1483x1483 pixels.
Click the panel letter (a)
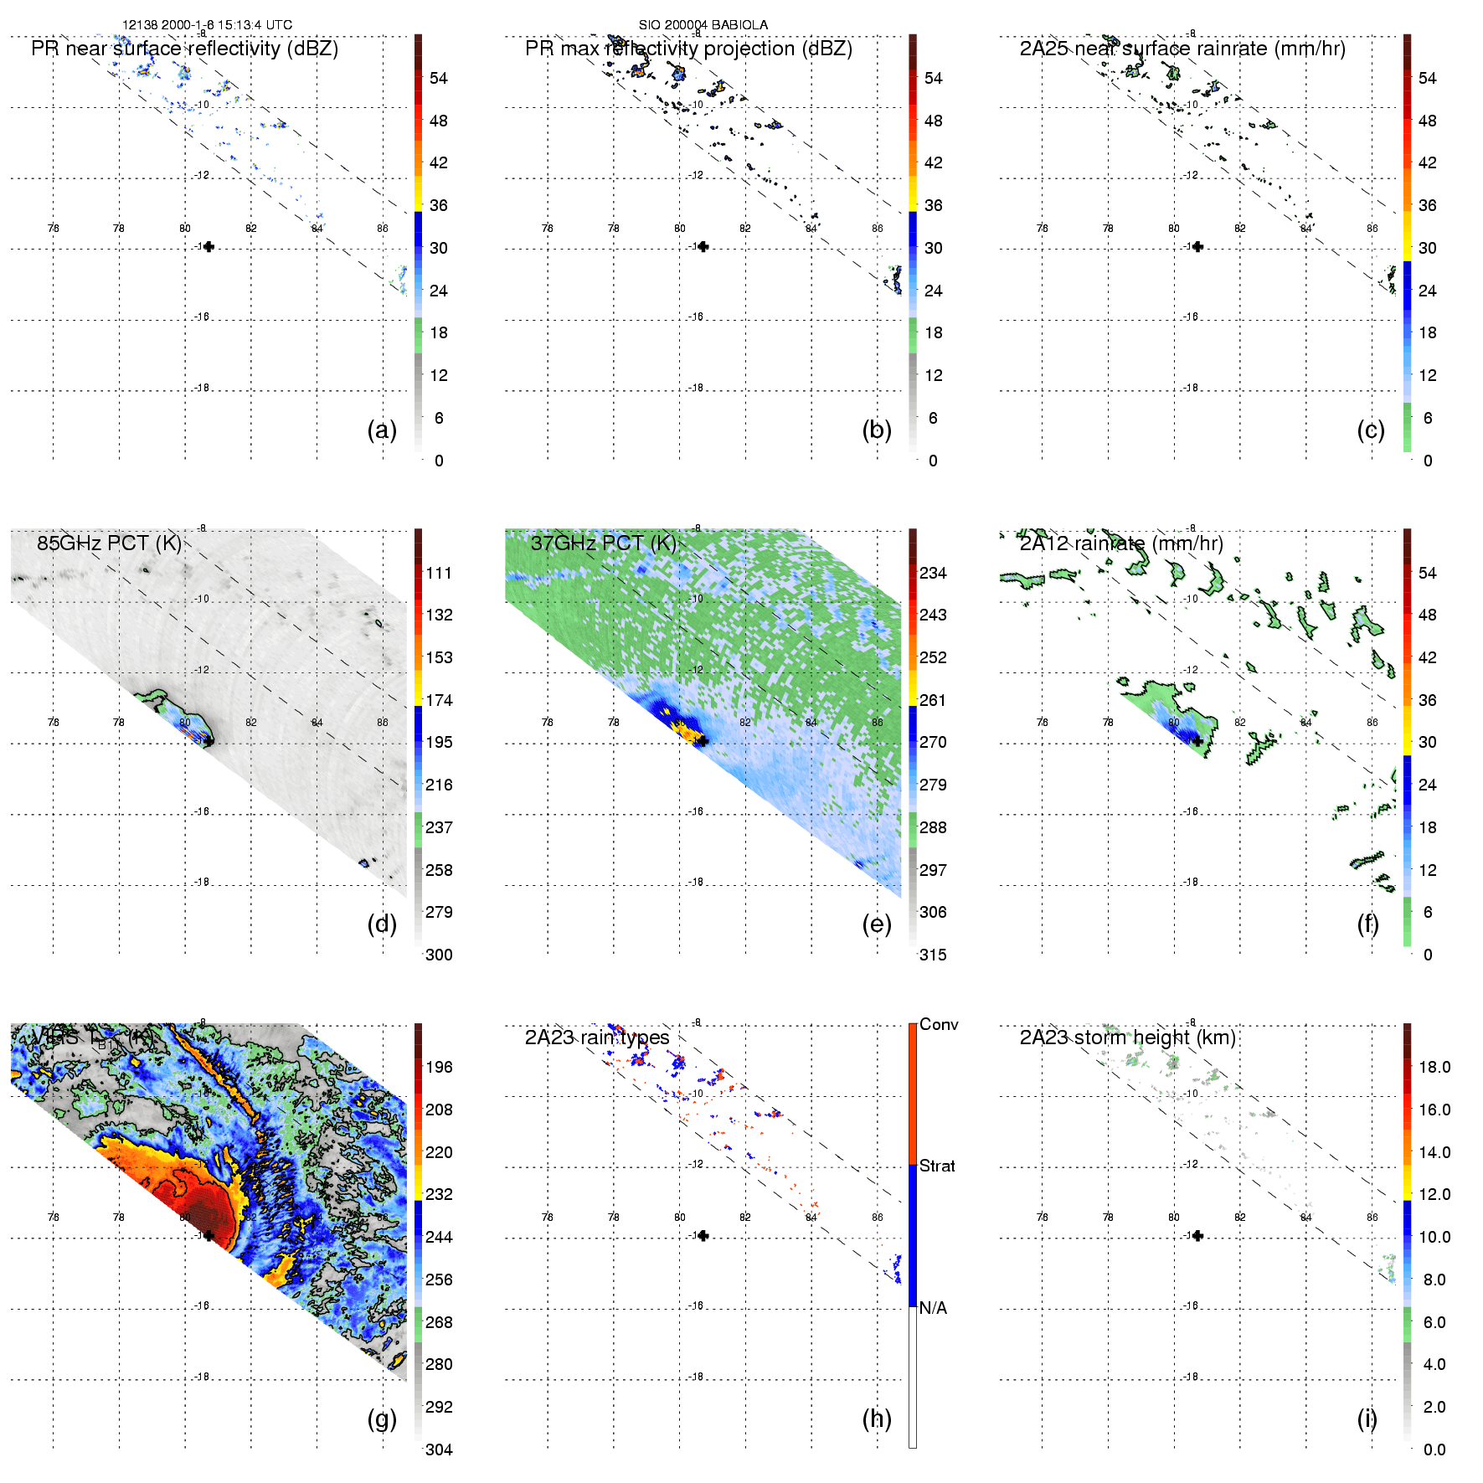(x=382, y=430)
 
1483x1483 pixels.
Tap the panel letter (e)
(x=876, y=924)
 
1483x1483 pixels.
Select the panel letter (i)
(x=1367, y=1419)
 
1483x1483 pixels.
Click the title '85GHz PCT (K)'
(x=109, y=543)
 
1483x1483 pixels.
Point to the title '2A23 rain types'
(x=597, y=1038)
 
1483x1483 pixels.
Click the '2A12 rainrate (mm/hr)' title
(x=1121, y=543)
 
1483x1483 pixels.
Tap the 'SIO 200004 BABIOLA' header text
(x=703, y=25)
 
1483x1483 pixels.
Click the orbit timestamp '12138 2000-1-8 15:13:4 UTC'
(x=208, y=25)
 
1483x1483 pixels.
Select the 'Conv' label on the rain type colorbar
(x=939, y=1024)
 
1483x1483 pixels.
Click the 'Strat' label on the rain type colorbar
(x=937, y=1166)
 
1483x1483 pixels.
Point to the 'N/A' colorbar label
(x=933, y=1308)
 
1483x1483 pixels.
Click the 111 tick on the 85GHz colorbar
(x=439, y=573)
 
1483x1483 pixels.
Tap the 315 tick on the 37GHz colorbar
(x=933, y=955)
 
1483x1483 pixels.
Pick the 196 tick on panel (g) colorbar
(x=439, y=1067)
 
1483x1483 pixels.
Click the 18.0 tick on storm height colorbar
(x=1434, y=1067)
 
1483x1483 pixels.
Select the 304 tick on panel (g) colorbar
(x=439, y=1450)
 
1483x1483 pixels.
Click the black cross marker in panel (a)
(x=209, y=246)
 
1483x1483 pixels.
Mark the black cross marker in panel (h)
(x=703, y=1235)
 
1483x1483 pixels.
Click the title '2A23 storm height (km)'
(x=1127, y=1038)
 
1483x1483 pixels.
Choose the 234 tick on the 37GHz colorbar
(x=933, y=573)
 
